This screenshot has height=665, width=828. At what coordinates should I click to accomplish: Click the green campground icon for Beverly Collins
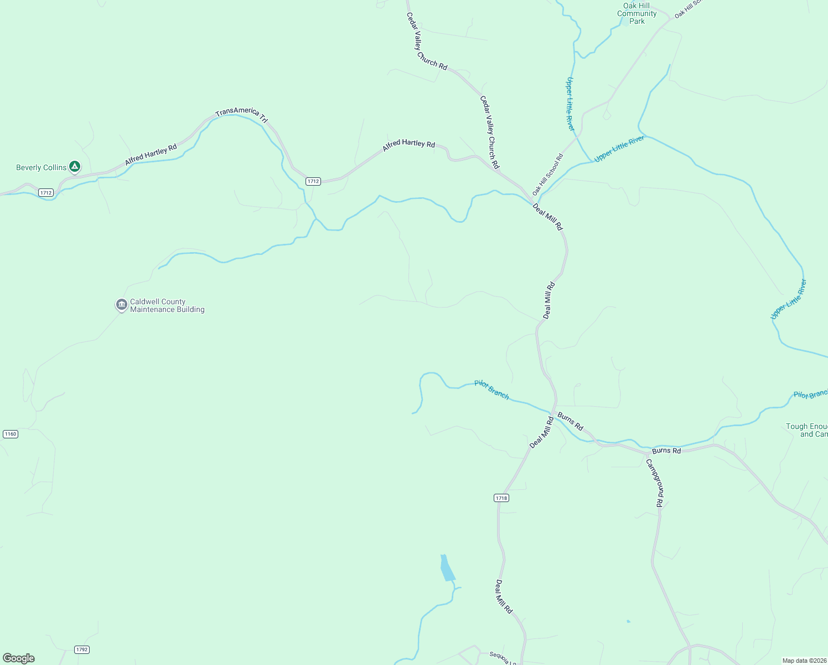75,166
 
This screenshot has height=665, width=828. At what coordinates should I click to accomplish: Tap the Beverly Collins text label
41,167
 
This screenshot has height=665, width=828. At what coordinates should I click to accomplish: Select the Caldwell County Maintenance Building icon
121,305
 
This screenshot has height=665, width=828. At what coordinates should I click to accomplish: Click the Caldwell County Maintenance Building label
167,306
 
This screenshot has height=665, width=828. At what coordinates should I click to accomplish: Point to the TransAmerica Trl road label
241,114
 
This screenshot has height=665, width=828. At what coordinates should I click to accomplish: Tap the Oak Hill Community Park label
636,13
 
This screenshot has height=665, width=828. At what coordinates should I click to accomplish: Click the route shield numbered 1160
11,434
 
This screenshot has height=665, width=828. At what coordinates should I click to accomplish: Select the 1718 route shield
501,498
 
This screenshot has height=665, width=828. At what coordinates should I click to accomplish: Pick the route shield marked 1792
82,649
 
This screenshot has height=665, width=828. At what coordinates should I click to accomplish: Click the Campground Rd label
655,483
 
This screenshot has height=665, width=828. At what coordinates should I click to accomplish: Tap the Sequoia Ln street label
503,658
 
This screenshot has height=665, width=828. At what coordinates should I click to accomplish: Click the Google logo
19,658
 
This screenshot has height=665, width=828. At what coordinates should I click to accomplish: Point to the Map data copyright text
804,661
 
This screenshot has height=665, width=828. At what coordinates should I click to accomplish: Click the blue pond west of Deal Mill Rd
447,569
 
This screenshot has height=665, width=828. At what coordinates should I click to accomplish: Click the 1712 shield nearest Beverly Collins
45,193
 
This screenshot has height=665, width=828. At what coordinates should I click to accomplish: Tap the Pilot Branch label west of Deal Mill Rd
491,390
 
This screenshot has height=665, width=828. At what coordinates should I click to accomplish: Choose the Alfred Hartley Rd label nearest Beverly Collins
151,155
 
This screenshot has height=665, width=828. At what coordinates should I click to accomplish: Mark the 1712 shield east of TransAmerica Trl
313,181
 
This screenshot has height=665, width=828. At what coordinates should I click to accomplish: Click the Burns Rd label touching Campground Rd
666,451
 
